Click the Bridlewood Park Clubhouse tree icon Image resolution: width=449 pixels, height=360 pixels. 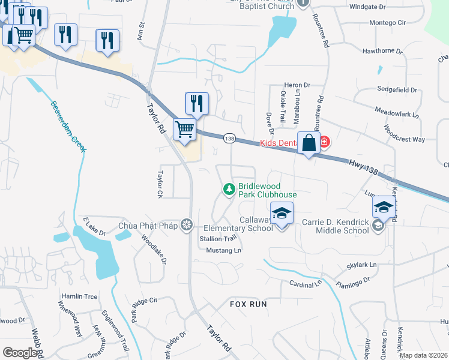pyautogui.click(x=229, y=190)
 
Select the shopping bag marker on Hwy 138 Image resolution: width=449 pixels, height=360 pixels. pyautogui.click(x=309, y=144)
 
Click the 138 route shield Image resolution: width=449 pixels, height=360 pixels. pyautogui.click(x=229, y=139)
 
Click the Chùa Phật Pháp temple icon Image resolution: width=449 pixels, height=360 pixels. pyautogui.click(x=187, y=225)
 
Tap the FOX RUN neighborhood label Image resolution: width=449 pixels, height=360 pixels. pyautogui.click(x=248, y=304)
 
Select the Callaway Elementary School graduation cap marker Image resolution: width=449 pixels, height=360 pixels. pyautogui.click(x=282, y=214)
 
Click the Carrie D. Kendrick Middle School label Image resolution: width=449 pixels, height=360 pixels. pyautogui.click(x=335, y=226)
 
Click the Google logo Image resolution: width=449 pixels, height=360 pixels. pyautogui.click(x=20, y=353)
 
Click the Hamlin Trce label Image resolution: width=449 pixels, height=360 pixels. pyautogui.click(x=79, y=296)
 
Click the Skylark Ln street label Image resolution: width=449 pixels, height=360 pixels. pyautogui.click(x=361, y=265)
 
